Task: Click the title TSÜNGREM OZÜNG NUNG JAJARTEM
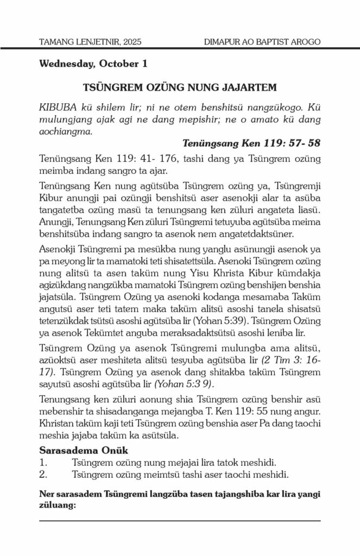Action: pos(180,86)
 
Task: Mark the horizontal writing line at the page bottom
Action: pos(180,521)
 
